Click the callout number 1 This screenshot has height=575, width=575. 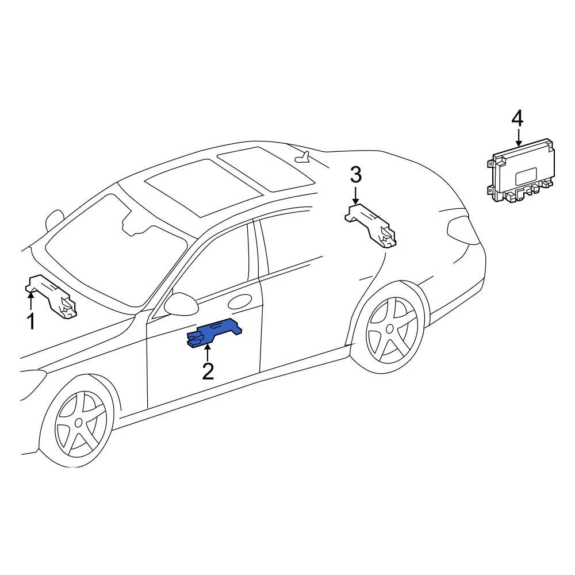pos(31,321)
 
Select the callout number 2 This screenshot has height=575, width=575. pos(208,371)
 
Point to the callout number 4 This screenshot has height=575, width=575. pos(517,119)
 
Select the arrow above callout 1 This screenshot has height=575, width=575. pos(30,301)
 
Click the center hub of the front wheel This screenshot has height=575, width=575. pos(79,423)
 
